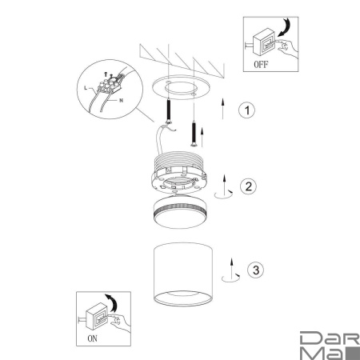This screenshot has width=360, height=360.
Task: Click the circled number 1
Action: click(246, 110)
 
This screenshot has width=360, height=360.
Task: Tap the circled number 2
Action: click(248, 186)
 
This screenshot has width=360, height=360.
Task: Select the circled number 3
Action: click(255, 270)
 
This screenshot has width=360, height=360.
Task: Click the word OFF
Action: click(261, 64)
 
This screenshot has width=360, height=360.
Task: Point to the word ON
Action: click(93, 338)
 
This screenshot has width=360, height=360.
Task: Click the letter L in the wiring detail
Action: click(86, 88)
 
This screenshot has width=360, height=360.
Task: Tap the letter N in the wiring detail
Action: click(122, 101)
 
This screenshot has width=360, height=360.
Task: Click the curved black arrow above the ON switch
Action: click(112, 302)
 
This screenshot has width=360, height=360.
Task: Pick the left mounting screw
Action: click(169, 110)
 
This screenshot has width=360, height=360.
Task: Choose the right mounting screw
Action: click(194, 134)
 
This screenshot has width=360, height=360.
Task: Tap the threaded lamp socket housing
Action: click(179, 172)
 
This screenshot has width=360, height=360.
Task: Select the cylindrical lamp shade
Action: click(183, 274)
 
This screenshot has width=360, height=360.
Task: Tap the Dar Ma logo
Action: click(330, 346)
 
